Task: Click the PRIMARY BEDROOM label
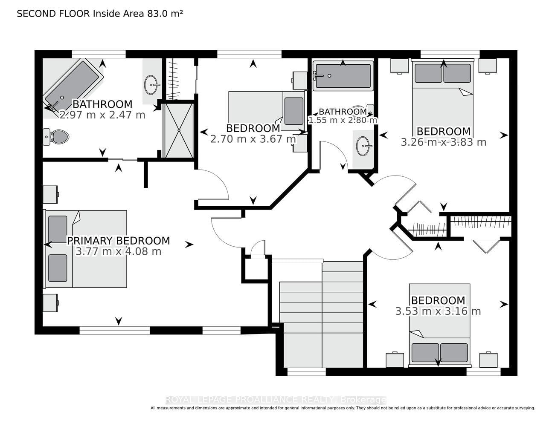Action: coord(118,241)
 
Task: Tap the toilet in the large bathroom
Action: coord(56,137)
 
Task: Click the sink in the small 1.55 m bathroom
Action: coord(364,146)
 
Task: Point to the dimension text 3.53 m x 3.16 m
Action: coord(438,311)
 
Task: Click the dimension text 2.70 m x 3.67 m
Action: coord(253,139)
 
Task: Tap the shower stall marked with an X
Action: coord(179,130)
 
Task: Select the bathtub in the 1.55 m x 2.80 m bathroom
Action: coord(343,75)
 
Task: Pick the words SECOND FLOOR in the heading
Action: coord(53,14)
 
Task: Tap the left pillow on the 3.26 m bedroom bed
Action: coord(428,73)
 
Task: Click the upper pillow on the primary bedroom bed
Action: coord(58,229)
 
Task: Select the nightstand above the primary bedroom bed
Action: coord(50,194)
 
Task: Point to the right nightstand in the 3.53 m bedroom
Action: coord(488,360)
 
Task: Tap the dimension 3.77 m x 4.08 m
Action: coord(118,251)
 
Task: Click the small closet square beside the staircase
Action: coord(255,269)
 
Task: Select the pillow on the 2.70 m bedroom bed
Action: coord(294,111)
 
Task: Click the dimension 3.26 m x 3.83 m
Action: coord(444,142)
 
